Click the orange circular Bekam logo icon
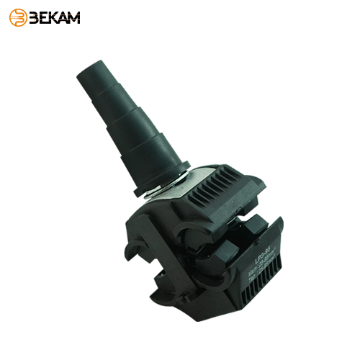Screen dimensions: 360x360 [x=18, y=17]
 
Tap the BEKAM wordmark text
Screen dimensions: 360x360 [x=54, y=17]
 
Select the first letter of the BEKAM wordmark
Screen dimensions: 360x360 [x=35, y=17]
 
